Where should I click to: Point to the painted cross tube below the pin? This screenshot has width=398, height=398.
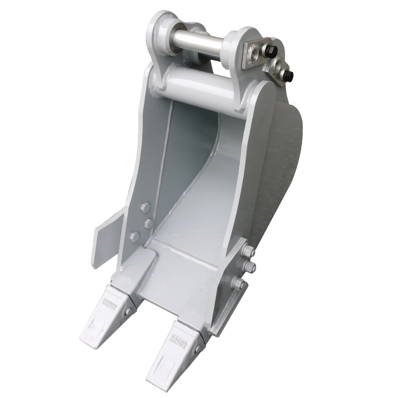tap(199, 90)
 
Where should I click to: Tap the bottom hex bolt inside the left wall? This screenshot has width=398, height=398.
tap(135, 237)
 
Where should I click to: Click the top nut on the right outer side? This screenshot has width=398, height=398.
tap(248, 251)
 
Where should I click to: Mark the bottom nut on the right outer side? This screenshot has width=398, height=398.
tap(239, 283)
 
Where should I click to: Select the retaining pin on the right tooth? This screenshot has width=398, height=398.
tap(197, 349)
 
